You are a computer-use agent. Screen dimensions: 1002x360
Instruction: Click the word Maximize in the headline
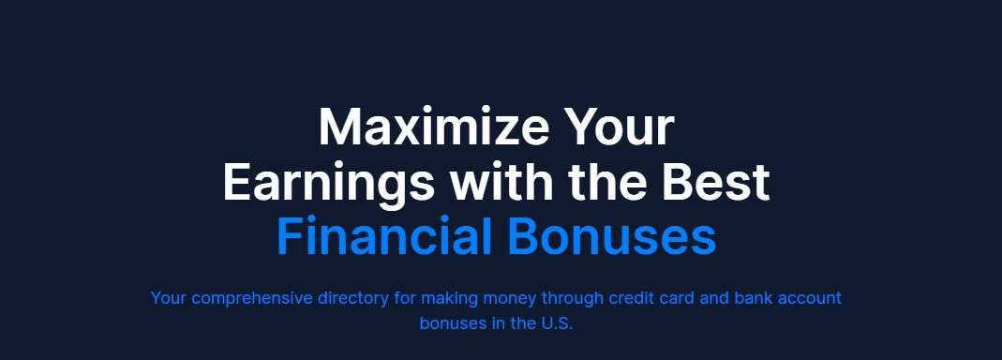[x=433, y=127]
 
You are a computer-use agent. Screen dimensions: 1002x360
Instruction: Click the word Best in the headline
[x=716, y=182]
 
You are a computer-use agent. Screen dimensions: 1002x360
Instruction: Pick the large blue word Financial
[x=384, y=236]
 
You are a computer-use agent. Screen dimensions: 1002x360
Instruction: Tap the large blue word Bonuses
[x=611, y=236]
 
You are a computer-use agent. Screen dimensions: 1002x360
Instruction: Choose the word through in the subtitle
[x=573, y=299]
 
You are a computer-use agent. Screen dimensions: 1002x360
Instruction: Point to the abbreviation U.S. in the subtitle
[x=557, y=323]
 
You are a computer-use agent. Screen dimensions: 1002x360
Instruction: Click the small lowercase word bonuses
[x=453, y=323]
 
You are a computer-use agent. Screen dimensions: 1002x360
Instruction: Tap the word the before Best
[x=607, y=182]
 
